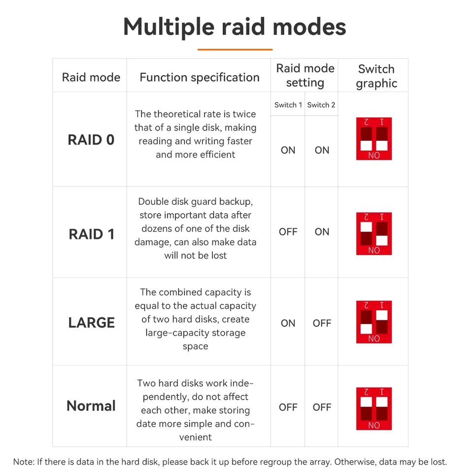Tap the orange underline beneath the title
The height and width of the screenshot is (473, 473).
235,49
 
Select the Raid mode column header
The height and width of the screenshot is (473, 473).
91,77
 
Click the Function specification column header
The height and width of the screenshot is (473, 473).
200,77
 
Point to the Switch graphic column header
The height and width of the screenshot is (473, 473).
376,76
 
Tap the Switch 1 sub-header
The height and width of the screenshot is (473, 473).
288,105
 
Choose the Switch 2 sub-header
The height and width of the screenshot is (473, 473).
321,105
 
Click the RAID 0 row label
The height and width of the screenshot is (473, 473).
91,139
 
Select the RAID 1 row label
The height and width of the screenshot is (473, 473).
92,234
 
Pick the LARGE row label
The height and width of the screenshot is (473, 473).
92,322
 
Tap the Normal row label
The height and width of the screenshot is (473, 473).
91,405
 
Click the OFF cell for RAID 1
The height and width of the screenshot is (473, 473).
288,232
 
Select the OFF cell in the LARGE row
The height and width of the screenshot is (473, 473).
322,323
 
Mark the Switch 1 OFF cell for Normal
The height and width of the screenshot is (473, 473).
288,407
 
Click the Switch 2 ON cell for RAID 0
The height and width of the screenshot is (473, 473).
322,150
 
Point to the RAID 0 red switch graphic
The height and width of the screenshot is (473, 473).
374,139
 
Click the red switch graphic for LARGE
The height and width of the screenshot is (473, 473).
374,322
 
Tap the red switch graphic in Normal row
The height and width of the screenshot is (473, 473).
374,409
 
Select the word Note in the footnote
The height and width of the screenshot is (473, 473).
24,462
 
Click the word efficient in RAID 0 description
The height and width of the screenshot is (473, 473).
217,154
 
